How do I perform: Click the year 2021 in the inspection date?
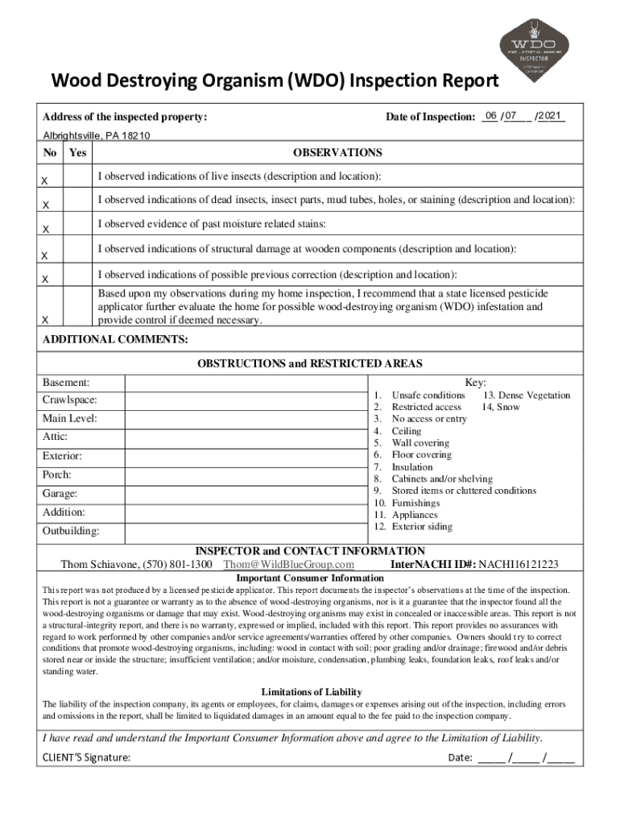point(552,117)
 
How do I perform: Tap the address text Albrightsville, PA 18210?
point(96,136)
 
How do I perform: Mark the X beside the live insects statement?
point(47,179)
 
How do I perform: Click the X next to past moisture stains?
point(47,230)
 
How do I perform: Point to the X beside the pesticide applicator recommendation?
point(47,320)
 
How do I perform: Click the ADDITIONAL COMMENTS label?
point(115,339)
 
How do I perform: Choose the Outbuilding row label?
point(71,531)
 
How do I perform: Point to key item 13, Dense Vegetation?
point(527,395)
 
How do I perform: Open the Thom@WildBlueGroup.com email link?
point(288,564)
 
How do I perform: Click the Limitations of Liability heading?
point(311,691)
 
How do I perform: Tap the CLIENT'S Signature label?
point(86,757)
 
